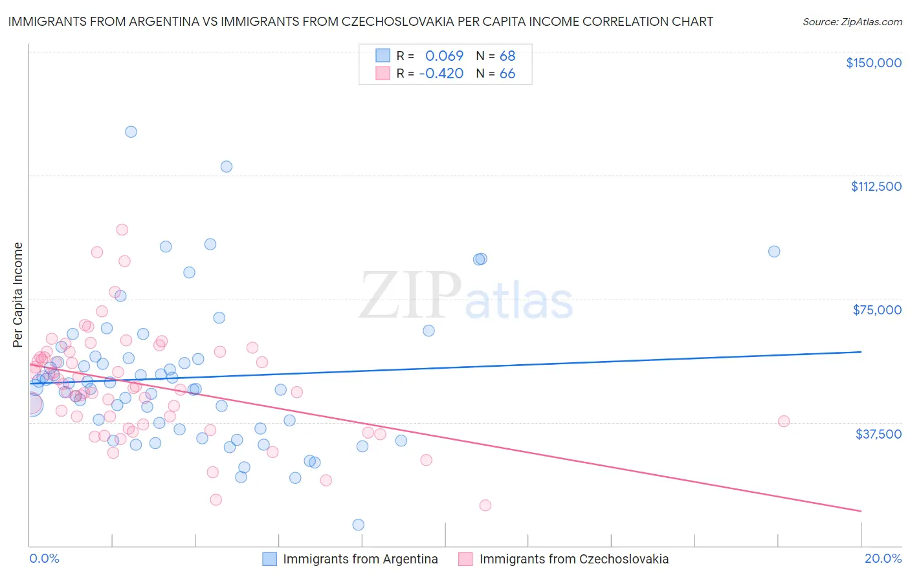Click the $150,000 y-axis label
click(873, 63)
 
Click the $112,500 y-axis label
click(876, 186)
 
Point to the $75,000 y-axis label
click(877, 310)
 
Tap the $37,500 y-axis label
click(878, 434)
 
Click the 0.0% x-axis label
click(44, 558)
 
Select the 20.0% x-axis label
click(883, 558)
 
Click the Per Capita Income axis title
click(18, 294)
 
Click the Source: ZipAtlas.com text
click(852, 22)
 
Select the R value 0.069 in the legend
click(444, 56)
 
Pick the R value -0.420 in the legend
click(441, 74)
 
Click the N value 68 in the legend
click(507, 56)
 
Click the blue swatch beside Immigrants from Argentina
click(269, 559)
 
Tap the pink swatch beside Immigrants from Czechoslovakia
click(465, 559)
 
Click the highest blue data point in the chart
click(131, 132)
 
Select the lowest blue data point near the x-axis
click(358, 525)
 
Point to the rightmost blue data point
click(774, 252)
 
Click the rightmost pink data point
click(784, 421)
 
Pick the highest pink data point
click(122, 230)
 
